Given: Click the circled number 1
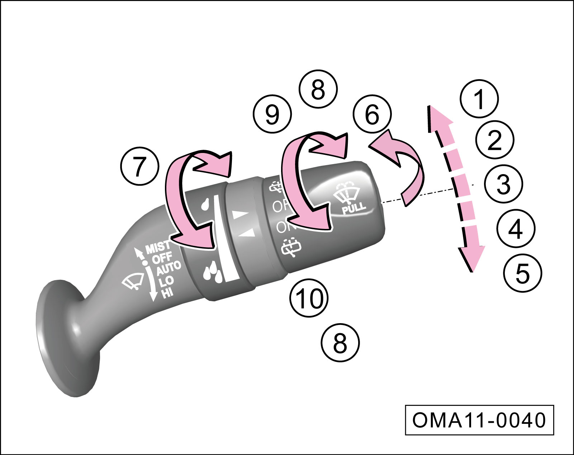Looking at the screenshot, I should pos(479,99).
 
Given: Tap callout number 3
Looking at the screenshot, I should pos(503,184).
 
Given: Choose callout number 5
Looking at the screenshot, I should pos(522,273).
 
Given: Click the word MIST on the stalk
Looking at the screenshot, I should pos(158,247).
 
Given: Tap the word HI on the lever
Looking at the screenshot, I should pos(167,293).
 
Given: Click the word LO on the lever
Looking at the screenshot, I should pos(166,281).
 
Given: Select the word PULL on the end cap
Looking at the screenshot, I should pos(354,208).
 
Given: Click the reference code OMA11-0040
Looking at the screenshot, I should pos(479,420).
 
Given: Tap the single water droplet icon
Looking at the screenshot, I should pos(205,205).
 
